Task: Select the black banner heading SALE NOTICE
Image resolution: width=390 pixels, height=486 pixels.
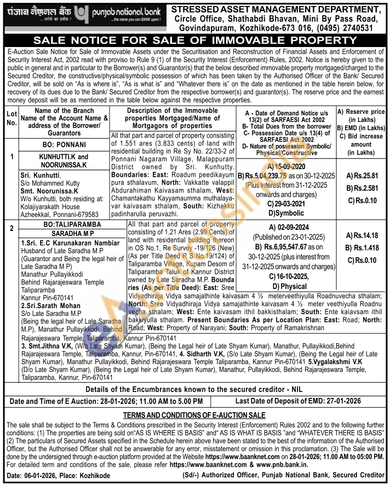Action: [194, 41]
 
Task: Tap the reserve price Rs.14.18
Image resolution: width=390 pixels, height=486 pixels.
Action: [363, 235]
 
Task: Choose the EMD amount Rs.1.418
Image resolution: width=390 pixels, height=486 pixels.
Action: [363, 247]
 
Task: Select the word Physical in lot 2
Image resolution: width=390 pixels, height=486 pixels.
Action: [293, 286]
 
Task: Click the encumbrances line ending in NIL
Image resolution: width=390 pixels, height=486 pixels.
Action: [194, 389]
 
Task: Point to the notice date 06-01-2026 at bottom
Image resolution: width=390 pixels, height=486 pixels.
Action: [43, 476]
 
